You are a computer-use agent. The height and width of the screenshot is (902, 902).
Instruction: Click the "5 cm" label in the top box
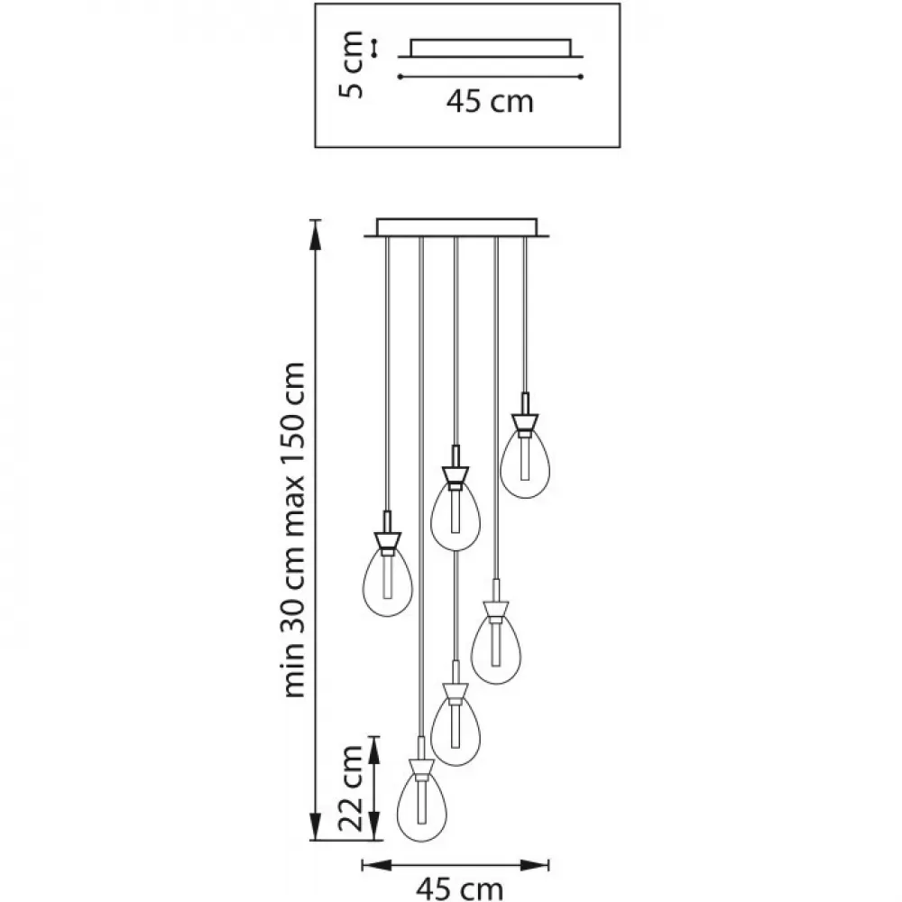(x=351, y=65)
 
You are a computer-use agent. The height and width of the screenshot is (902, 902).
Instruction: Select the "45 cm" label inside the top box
(x=490, y=101)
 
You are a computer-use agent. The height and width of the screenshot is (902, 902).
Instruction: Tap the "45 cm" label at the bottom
(x=460, y=888)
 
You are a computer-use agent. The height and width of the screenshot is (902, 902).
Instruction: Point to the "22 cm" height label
(x=351, y=788)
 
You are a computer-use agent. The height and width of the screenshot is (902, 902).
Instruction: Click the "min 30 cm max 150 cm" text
(x=293, y=529)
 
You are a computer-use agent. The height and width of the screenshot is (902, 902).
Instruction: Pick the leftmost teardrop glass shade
(x=388, y=582)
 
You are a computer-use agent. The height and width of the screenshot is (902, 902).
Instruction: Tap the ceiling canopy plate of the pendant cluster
(x=456, y=227)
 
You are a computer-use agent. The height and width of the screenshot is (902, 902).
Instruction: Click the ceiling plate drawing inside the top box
(x=491, y=49)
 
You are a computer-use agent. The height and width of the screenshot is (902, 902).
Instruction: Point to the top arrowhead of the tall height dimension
(x=315, y=235)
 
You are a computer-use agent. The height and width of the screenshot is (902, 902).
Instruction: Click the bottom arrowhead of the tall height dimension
(x=315, y=826)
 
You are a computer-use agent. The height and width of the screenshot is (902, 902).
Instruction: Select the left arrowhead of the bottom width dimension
(x=377, y=865)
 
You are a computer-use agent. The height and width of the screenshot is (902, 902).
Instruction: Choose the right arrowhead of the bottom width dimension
(x=534, y=865)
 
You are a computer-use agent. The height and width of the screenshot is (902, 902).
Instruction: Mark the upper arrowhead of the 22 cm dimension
(x=374, y=750)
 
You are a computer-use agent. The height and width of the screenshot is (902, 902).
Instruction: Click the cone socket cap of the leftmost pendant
(x=388, y=541)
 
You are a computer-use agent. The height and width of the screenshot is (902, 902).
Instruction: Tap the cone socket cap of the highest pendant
(x=525, y=423)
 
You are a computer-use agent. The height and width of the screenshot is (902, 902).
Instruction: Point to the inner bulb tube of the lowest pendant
(x=422, y=801)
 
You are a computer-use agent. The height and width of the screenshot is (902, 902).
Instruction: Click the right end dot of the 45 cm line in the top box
(x=582, y=77)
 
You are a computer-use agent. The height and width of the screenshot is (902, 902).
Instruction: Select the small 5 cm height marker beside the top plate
(x=374, y=48)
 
